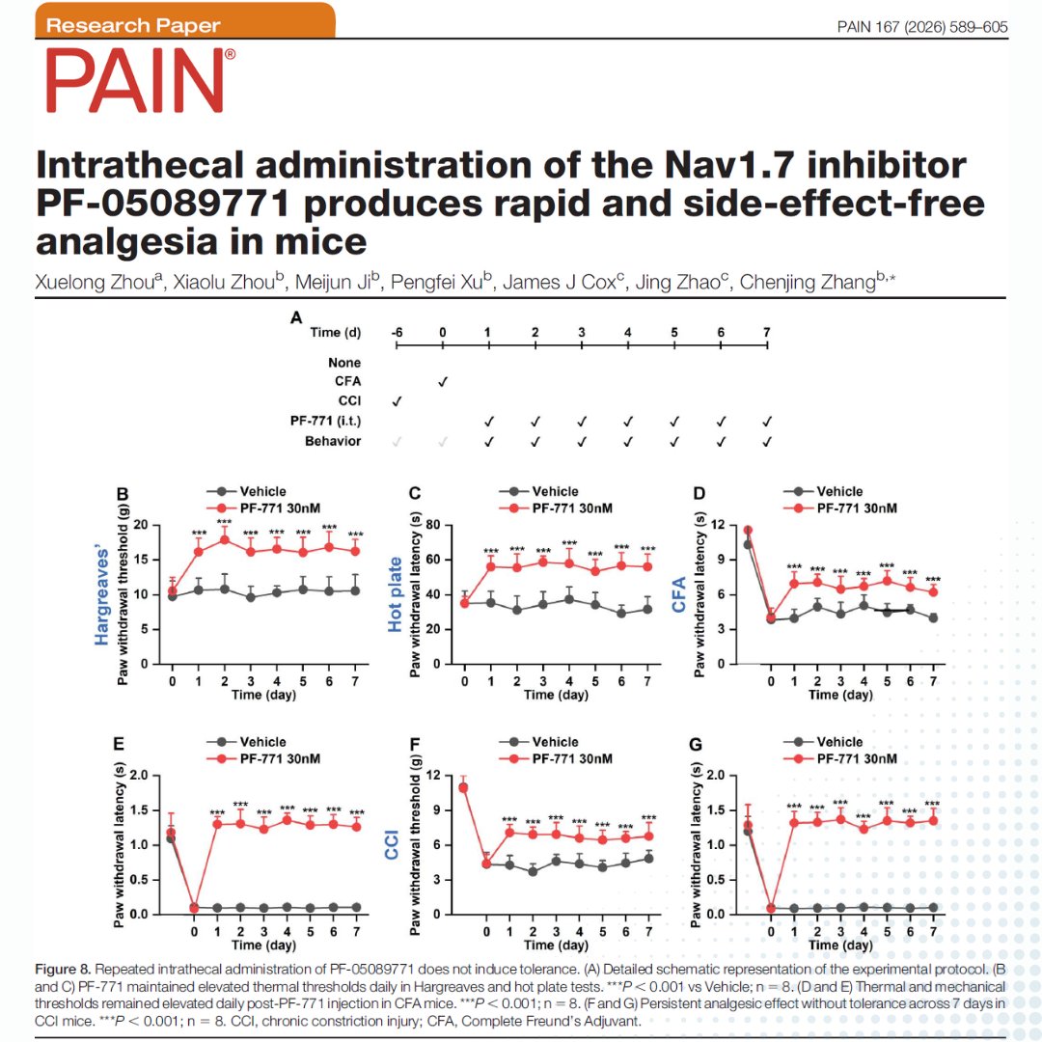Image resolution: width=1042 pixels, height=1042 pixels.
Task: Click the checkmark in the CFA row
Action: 442,382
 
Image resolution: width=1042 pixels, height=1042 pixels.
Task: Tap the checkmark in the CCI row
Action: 397,401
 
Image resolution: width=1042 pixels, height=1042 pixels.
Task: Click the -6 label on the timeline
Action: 397,333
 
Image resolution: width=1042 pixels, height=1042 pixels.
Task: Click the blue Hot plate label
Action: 396,594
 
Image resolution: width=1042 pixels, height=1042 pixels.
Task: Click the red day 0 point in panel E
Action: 194,907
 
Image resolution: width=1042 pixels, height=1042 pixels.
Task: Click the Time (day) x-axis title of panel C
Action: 555,695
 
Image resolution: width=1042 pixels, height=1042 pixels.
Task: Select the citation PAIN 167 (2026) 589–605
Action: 921,27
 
